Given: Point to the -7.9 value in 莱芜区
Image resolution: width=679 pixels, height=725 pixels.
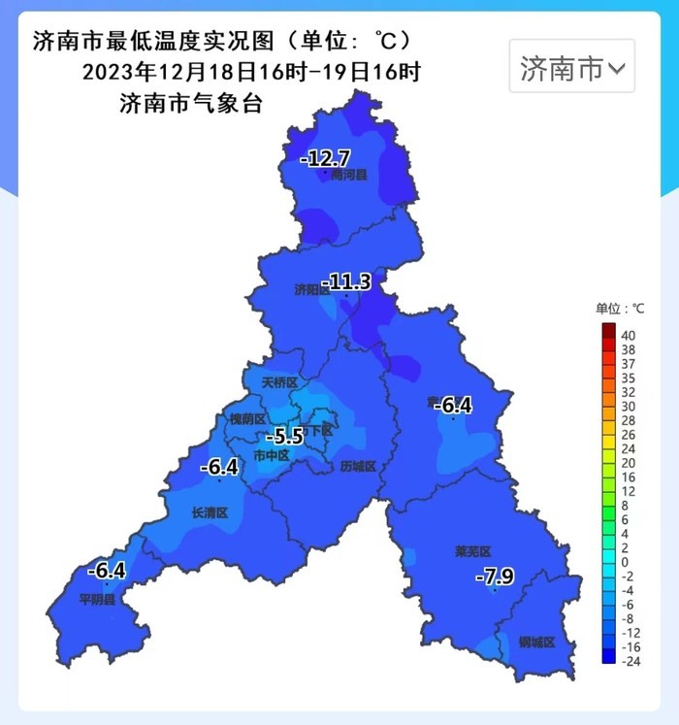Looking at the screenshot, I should [494, 577].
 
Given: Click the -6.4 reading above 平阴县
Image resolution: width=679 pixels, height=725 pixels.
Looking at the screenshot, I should [106, 571].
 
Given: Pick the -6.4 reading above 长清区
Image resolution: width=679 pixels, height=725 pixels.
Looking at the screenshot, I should [218, 467].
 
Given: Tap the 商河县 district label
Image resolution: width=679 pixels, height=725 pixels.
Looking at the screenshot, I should [349, 176].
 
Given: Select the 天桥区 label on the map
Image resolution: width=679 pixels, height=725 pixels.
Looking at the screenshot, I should [280, 382].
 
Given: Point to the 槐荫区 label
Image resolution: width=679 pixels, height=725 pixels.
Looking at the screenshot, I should [247, 418].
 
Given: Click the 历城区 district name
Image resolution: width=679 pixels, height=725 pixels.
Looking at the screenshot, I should [358, 467].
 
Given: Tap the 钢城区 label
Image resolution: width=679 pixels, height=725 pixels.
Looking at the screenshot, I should [536, 643].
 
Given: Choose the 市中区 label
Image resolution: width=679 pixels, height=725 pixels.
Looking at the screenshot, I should [271, 454].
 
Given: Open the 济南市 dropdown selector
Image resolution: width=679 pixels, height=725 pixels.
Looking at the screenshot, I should [572, 67].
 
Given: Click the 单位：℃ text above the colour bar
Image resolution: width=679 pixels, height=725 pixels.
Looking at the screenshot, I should [621, 309].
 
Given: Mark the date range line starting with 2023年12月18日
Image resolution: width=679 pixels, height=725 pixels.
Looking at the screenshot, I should [251, 73].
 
